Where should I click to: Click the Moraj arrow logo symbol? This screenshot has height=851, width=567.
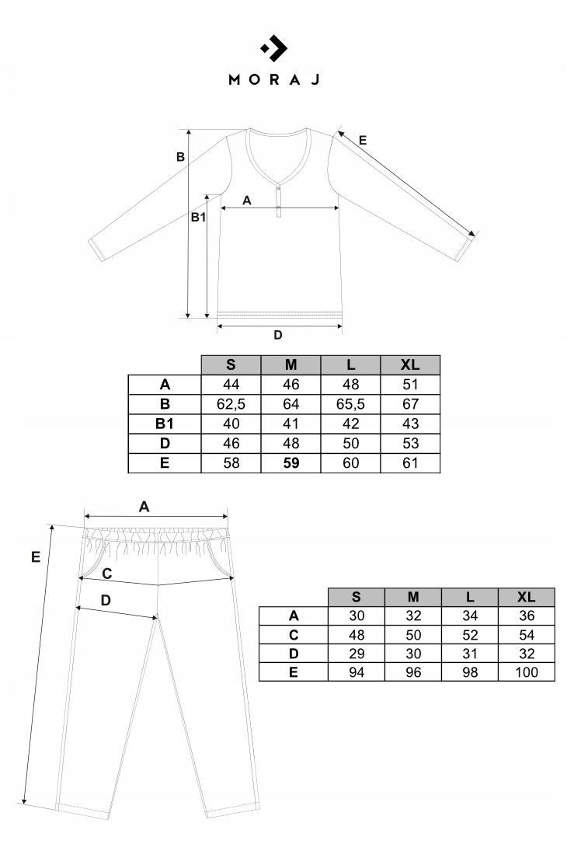[274, 49]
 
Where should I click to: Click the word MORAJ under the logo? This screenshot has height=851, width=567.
[273, 79]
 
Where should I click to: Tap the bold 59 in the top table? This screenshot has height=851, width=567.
[290, 463]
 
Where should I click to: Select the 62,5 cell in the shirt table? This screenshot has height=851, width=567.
[231, 404]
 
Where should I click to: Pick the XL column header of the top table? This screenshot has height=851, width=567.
[410, 364]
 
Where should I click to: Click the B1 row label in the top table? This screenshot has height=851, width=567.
[164, 424]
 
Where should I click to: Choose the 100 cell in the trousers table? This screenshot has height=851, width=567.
[526, 672]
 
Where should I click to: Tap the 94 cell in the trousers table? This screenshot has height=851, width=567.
[356, 672]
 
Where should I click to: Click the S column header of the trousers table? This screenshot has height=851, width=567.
[356, 597]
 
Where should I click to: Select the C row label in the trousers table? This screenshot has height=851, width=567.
[293, 635]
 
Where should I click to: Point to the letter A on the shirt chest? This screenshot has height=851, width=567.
[247, 200]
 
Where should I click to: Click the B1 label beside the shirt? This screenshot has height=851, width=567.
[199, 218]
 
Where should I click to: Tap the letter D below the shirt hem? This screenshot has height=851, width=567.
[277, 336]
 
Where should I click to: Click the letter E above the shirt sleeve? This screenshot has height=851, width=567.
[363, 140]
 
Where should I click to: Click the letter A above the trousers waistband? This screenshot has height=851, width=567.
[144, 506]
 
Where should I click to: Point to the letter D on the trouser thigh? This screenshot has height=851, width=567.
[106, 600]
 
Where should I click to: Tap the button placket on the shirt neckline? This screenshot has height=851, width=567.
[280, 201]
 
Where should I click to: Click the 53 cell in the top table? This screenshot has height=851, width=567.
[410, 444]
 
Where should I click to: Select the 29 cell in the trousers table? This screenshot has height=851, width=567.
[356, 654]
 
